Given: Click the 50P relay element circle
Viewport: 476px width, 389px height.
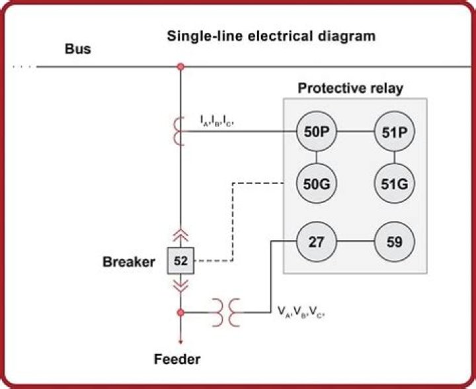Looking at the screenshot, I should coord(317,132).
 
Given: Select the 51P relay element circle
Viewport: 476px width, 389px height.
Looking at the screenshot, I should coord(394,132).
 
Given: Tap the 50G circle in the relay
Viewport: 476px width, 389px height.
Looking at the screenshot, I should coord(317,182).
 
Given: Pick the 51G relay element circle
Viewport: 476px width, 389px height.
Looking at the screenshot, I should coord(394,182).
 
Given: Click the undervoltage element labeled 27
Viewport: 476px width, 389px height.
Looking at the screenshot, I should coord(317,241).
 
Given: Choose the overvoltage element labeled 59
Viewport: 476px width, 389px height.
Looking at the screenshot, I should coord(394,241).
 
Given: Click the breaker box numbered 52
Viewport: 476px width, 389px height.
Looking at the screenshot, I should coord(180,261).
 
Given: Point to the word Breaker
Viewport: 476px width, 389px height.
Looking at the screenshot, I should coord(128,262).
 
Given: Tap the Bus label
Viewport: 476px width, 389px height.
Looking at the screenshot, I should coord(78,50).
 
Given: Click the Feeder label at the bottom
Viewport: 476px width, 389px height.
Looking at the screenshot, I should coord(177,360).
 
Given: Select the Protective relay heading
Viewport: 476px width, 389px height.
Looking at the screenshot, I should coord(350,88).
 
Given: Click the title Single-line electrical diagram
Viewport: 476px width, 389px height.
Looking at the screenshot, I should coord(271,35).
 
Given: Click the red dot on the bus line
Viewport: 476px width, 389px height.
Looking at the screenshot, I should coord(180,67).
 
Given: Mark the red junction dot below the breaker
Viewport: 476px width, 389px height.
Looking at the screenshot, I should coord(180,310).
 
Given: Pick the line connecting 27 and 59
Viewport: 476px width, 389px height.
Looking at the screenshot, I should coord(356,241).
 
